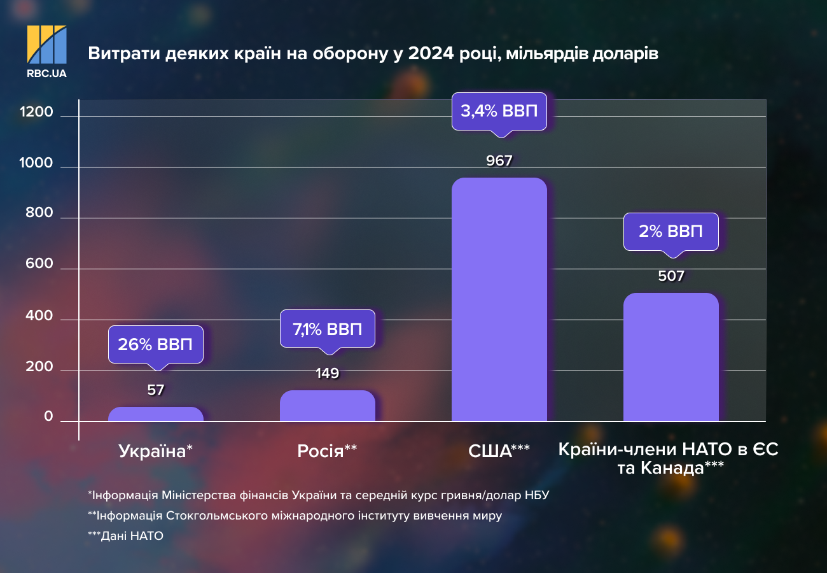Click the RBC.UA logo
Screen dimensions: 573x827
46,51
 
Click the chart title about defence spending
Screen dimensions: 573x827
373,53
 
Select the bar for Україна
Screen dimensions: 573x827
156,414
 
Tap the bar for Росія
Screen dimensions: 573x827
328,406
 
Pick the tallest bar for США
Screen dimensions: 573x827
499,299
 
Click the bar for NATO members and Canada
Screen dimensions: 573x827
671,357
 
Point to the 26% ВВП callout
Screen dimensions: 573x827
156,344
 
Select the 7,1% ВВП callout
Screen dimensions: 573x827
328,329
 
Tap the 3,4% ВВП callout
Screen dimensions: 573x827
499,111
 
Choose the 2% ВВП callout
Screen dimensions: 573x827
671,232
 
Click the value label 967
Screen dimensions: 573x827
499,161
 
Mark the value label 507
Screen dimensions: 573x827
671,276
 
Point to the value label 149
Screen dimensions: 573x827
328,374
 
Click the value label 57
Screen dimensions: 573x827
156,390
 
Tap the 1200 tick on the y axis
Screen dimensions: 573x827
36,113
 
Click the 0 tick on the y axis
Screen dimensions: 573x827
48,417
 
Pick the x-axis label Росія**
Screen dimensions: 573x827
327,451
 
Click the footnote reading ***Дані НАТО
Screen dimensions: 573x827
126,536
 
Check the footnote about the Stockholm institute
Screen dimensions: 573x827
295,516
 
